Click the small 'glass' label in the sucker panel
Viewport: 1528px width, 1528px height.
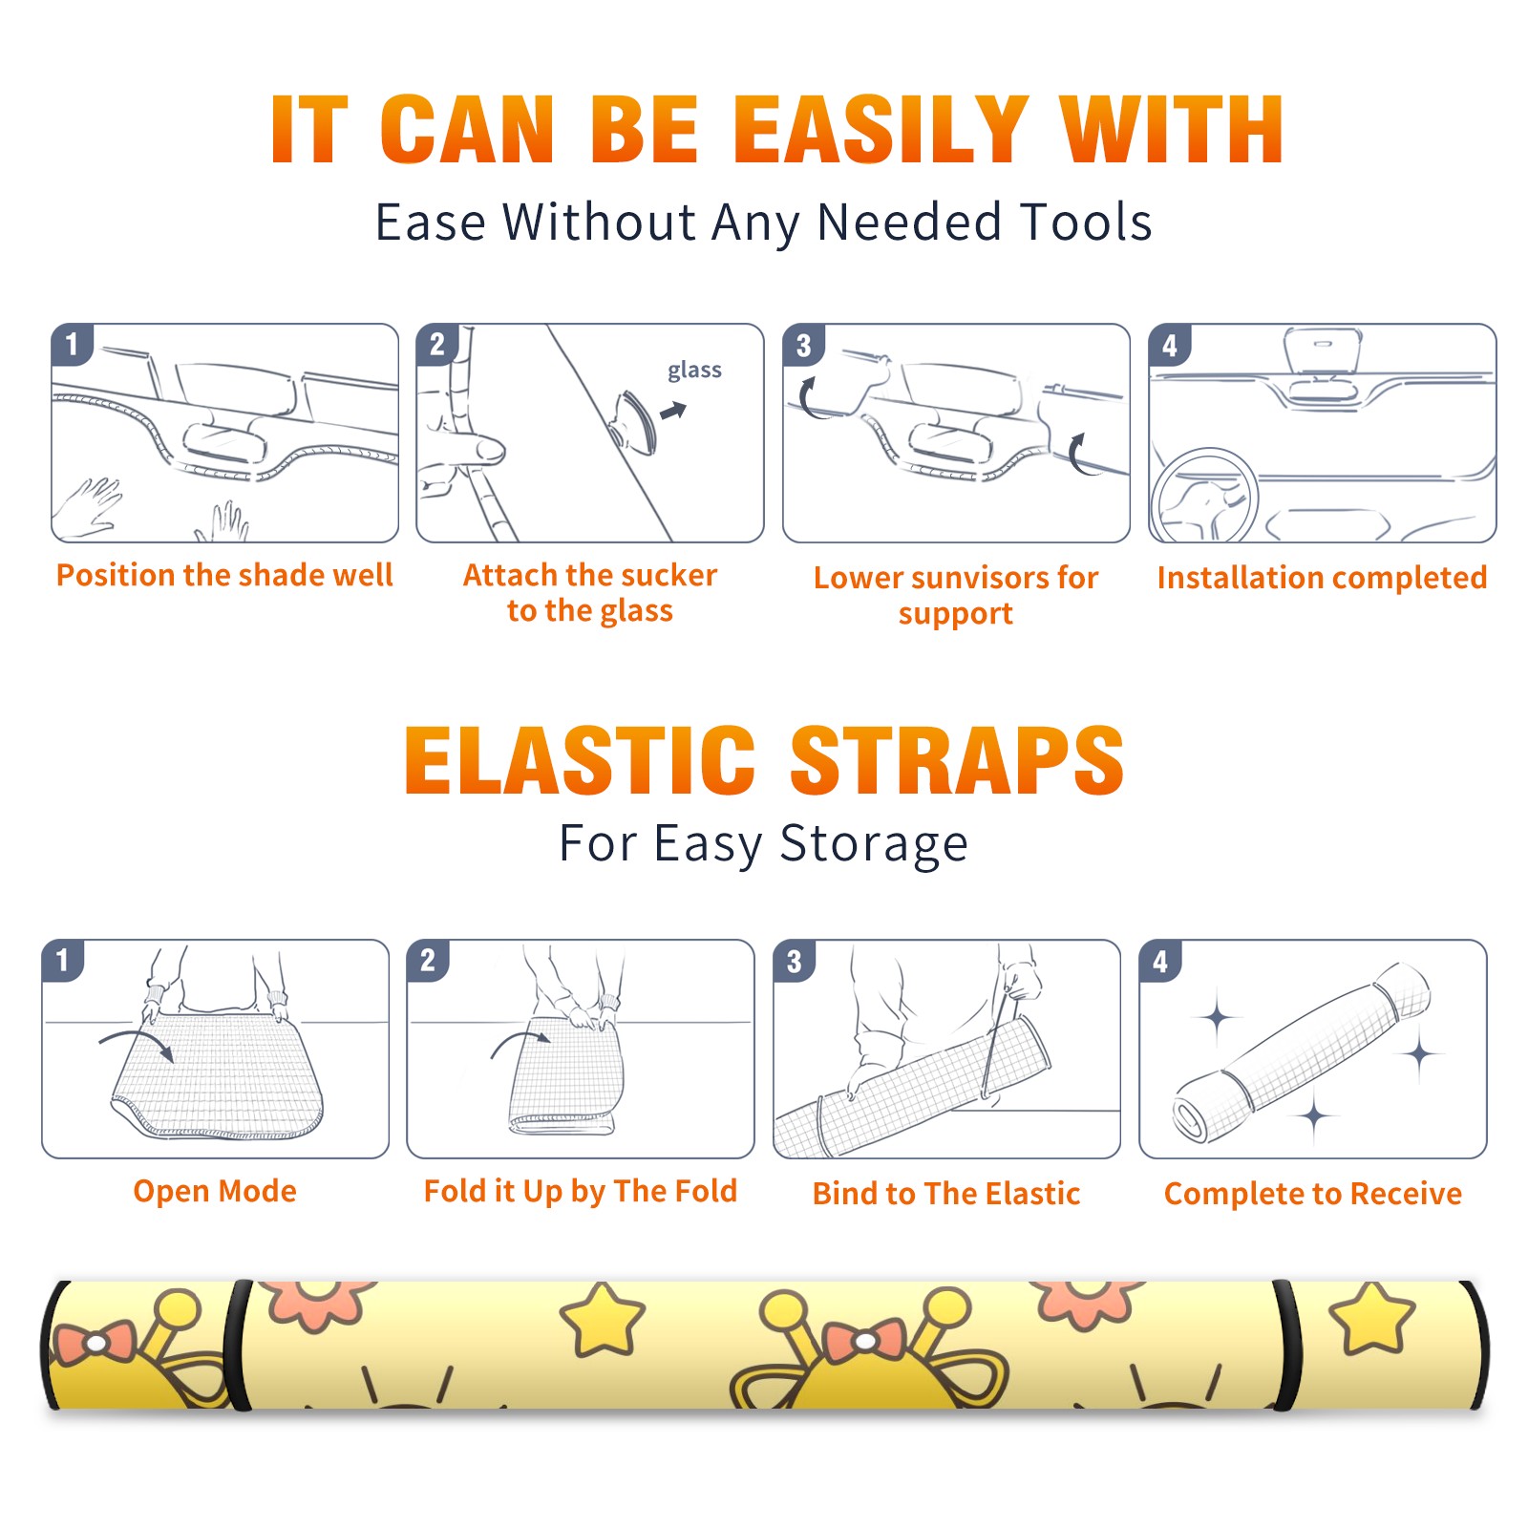[694, 371]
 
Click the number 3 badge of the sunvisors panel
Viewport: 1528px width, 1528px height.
[803, 346]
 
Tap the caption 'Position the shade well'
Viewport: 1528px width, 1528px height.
[224, 575]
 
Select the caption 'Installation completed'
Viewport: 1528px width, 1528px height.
[1322, 578]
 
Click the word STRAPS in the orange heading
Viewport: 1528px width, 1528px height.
[957, 760]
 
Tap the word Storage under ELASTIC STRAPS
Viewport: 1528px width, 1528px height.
[874, 844]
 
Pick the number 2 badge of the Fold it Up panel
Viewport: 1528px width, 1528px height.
[428, 961]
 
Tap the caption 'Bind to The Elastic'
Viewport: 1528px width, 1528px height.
[945, 1194]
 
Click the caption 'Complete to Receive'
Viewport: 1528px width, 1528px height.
[1313, 1194]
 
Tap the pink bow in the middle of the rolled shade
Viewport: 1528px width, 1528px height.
[865, 1341]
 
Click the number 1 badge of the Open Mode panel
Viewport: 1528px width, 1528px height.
[63, 961]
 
